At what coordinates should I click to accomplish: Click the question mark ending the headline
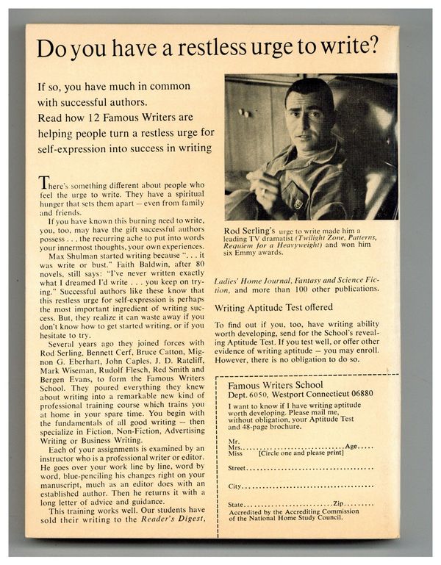coord(376,48)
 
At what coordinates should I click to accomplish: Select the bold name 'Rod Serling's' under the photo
coord(248,232)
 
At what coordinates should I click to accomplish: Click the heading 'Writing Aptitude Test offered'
coord(273,307)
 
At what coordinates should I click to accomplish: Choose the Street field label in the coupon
coord(237,467)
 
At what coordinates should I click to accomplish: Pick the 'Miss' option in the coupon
coord(235,453)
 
